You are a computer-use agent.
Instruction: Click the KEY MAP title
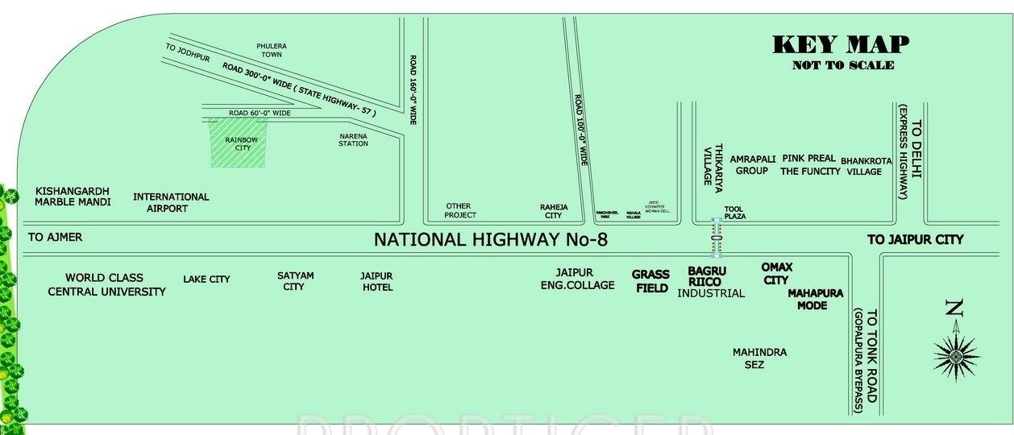click(x=842, y=44)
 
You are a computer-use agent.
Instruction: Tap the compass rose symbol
click(x=956, y=353)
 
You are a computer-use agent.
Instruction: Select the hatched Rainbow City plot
click(x=238, y=143)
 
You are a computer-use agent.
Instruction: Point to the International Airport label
click(x=171, y=202)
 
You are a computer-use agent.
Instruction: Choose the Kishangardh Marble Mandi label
click(x=73, y=197)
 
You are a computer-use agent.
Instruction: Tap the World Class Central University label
click(x=106, y=284)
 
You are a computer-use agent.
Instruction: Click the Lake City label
click(x=206, y=279)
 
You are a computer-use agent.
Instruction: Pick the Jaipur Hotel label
click(x=376, y=281)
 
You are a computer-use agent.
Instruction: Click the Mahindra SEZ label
click(x=759, y=358)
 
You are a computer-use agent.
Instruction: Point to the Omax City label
click(x=776, y=273)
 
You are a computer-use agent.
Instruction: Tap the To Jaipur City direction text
click(x=915, y=239)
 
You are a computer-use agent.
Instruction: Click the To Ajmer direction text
click(x=55, y=238)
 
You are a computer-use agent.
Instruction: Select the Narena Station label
click(x=353, y=139)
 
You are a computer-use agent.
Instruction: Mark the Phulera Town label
click(x=271, y=50)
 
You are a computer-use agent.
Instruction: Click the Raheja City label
click(x=553, y=211)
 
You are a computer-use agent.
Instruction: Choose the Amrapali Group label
click(x=753, y=164)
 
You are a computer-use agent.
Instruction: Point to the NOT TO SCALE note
click(x=842, y=65)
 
